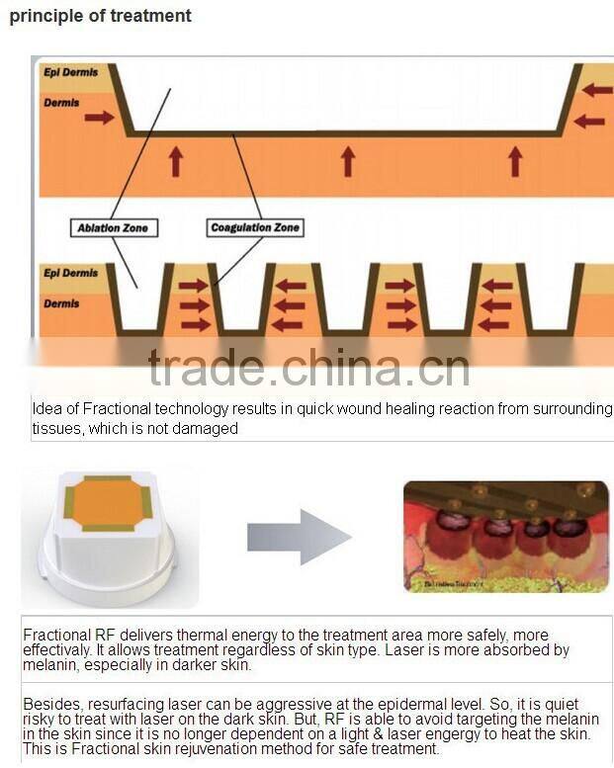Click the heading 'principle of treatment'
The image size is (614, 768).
click(101, 16)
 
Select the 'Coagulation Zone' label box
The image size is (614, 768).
click(255, 228)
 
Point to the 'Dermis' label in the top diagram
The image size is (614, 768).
click(62, 102)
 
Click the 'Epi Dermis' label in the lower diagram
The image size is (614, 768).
click(70, 273)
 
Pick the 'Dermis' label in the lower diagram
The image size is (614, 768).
click(62, 303)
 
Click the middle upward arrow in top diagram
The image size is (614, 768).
click(347, 160)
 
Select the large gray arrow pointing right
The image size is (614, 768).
click(299, 537)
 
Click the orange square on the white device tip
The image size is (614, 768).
click(109, 503)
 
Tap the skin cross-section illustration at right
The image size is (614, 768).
click(505, 537)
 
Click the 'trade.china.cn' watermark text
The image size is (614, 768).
click(308, 368)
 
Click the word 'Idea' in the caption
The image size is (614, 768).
click(45, 409)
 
